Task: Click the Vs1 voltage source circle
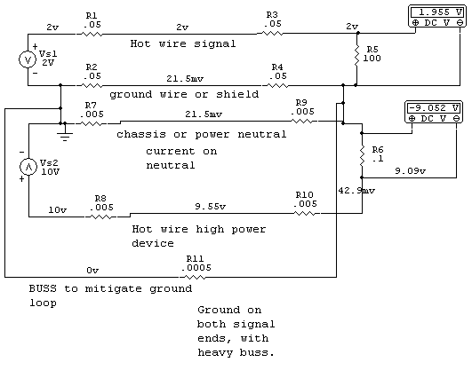pyautogui.click(x=28, y=59)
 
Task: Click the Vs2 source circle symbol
pyautogui.click(x=28, y=167)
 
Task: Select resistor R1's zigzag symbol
pyautogui.click(x=92, y=35)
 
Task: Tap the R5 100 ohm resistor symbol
pyautogui.click(x=357, y=56)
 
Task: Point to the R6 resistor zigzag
pyautogui.click(x=362, y=155)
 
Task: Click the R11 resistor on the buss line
pyautogui.click(x=194, y=277)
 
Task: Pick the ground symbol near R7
pyautogui.click(x=65, y=135)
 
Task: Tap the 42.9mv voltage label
pyautogui.click(x=356, y=191)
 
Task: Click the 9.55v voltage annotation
pyautogui.click(x=210, y=207)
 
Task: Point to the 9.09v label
pyautogui.click(x=411, y=171)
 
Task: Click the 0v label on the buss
pyautogui.click(x=92, y=271)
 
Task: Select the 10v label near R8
pyautogui.click(x=57, y=209)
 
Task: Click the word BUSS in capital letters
pyautogui.click(x=43, y=288)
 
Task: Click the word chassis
pyautogui.click(x=141, y=134)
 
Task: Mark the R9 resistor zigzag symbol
pyautogui.click(x=302, y=121)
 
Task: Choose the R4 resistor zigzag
pyautogui.click(x=277, y=86)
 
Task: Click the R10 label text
pyautogui.click(x=304, y=194)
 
